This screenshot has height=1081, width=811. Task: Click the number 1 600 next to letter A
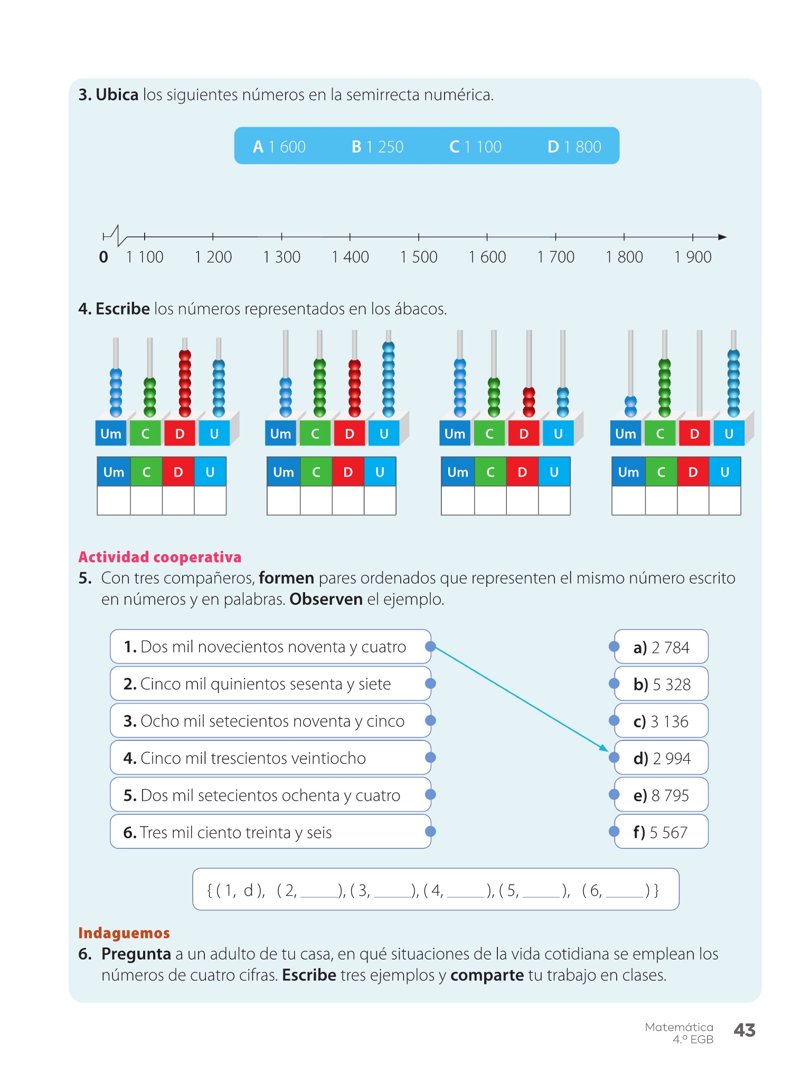point(287,147)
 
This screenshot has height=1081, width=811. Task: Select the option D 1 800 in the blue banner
point(574,147)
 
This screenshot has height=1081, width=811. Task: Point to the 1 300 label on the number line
point(281,257)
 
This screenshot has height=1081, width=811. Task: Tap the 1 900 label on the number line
point(693,257)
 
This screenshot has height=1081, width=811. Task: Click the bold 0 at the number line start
point(103,257)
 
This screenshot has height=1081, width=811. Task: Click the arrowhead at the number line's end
point(722,237)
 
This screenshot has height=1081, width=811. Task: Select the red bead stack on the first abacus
point(185,383)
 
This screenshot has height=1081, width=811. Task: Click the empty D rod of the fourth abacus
point(699,372)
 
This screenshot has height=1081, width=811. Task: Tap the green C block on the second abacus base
point(315,434)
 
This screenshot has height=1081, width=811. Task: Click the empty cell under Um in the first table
point(114,500)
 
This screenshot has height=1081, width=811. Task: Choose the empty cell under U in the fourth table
point(724,500)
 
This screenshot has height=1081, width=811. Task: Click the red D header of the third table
point(522,472)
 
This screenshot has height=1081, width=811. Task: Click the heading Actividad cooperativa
point(159,557)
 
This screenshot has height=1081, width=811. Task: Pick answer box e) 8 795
point(661,795)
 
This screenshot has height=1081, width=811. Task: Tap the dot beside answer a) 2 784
point(614,647)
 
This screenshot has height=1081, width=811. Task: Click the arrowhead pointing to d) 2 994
point(604,747)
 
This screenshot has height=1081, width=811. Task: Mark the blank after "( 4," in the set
point(466,892)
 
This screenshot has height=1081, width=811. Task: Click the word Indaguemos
point(124,933)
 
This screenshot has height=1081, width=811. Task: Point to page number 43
point(744,1030)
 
